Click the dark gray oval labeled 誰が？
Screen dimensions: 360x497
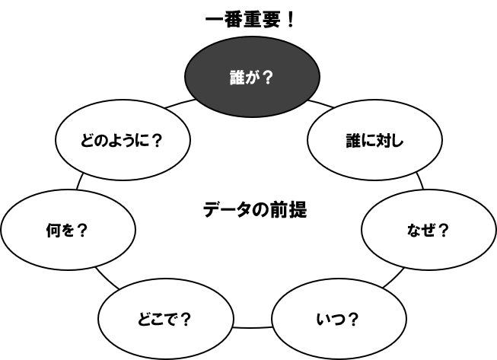[252, 76]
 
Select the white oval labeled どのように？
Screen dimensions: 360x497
[123, 141]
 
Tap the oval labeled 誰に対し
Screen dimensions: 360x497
[374, 141]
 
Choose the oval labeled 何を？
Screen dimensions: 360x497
[68, 229]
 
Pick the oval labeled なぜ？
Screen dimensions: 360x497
[429, 229]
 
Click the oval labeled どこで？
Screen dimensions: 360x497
[165, 318]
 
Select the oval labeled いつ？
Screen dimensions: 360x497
[338, 318]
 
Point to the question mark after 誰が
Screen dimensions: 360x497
[267, 77]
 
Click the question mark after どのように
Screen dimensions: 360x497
[157, 141]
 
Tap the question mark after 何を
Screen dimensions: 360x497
[83, 230]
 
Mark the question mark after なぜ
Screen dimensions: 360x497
[444, 230]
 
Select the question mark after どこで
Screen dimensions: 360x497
[185, 319]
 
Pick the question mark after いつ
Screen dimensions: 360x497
[352, 319]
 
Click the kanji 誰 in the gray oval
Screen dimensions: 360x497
[237, 77]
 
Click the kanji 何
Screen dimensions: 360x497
[53, 230]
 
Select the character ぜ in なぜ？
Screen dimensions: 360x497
[429, 230]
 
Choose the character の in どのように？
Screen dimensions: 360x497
[100, 141]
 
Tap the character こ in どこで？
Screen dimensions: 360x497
[156, 319]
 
